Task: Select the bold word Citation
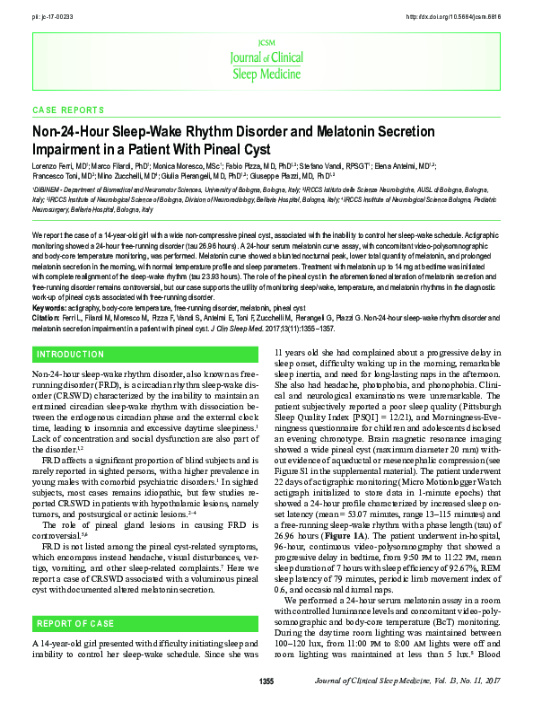[49, 316]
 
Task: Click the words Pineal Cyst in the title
[232, 148]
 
